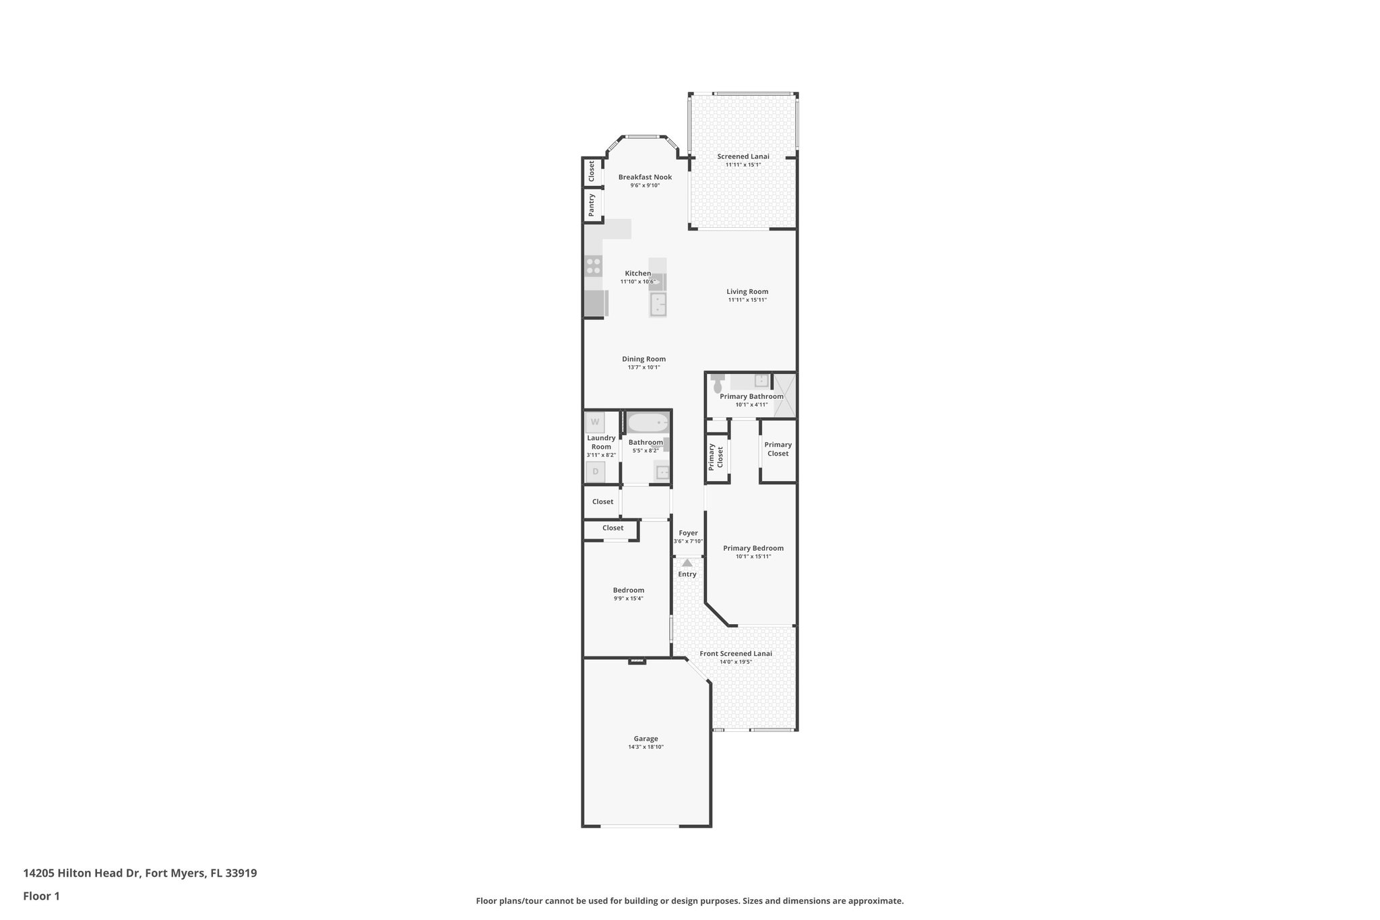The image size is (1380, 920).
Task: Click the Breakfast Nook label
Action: click(645, 177)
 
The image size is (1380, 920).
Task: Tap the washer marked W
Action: click(595, 423)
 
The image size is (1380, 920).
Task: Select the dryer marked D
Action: click(595, 472)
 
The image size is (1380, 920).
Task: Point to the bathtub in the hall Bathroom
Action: click(648, 423)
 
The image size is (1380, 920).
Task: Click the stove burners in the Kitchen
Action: click(122, 266)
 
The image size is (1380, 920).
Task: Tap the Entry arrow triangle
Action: click(687, 563)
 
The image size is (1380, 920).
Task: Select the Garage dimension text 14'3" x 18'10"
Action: click(646, 747)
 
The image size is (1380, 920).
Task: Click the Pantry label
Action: click(592, 205)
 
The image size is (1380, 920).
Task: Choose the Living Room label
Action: click(747, 292)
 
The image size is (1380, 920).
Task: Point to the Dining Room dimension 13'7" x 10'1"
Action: click(644, 367)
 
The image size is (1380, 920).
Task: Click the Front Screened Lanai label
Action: click(736, 653)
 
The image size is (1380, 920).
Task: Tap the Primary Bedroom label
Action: click(753, 548)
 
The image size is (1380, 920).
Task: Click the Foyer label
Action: click(688, 533)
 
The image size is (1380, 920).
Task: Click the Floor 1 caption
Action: click(42, 896)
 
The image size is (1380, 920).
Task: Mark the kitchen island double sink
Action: click(658, 305)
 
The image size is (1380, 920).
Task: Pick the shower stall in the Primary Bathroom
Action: click(784, 394)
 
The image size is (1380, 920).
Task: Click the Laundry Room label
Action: click(601, 442)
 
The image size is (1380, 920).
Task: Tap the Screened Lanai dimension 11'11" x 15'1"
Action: click(743, 164)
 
